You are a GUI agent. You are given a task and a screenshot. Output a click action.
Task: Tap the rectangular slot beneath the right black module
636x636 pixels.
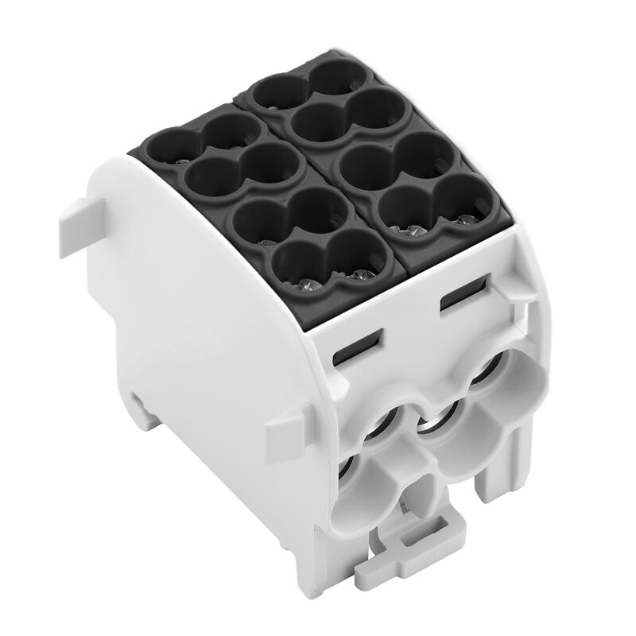pos(461,300)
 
